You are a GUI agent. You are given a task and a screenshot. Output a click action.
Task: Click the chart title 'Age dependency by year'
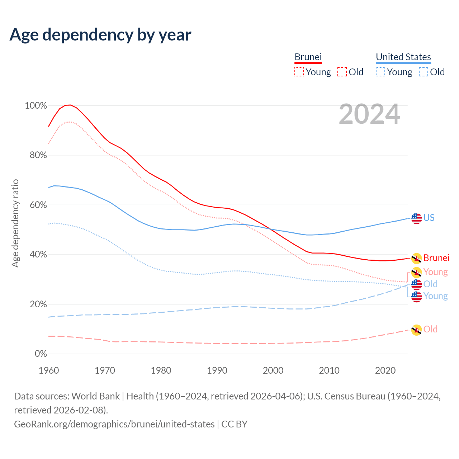(100, 34)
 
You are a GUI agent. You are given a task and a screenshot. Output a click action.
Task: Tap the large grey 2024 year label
(369, 114)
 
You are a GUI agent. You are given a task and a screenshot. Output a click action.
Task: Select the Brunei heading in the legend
(308, 57)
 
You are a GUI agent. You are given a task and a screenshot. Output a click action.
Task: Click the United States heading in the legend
(403, 57)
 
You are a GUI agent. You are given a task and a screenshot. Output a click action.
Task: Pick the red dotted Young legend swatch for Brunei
(299, 72)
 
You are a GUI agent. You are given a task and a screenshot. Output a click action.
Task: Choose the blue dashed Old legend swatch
(423, 72)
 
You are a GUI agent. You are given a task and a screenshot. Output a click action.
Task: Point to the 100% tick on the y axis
(36, 105)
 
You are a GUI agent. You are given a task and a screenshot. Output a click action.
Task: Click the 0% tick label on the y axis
(41, 354)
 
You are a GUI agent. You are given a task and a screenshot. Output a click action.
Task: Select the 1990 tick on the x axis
(217, 370)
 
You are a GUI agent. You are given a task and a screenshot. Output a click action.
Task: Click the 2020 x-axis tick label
(385, 370)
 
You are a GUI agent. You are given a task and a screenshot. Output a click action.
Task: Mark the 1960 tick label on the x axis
(49, 370)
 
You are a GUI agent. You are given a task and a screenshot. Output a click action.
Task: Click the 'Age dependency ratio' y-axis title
(15, 223)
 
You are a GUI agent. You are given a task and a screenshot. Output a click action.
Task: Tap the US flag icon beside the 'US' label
(416, 218)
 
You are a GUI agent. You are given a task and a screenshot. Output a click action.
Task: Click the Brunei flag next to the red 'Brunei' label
(416, 258)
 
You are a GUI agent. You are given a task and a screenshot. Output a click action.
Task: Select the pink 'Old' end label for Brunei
(430, 329)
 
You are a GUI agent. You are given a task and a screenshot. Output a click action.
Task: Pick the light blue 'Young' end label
(435, 296)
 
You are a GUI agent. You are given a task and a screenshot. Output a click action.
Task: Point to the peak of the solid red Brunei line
(70, 105)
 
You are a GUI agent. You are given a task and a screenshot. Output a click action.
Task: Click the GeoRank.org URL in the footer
(114, 424)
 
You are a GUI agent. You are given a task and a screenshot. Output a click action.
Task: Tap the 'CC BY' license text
(234, 424)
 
